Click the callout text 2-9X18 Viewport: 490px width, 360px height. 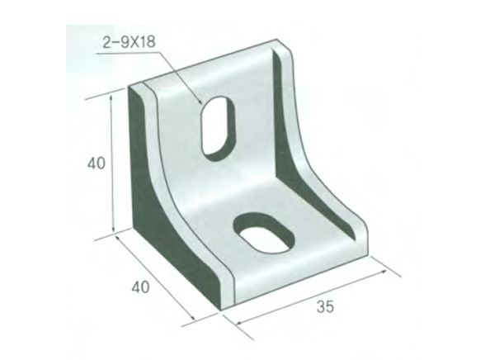[129, 41]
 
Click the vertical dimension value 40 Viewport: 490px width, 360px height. [96, 163]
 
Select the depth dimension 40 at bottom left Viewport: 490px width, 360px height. [139, 287]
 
